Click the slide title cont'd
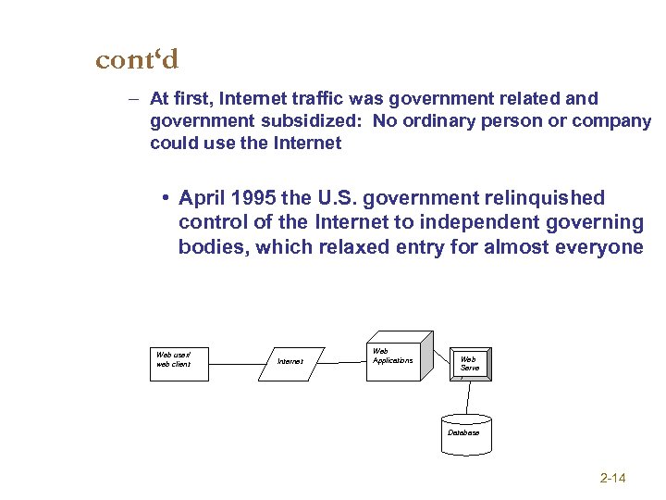pyautogui.click(x=137, y=60)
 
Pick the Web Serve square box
pyautogui.click(x=469, y=364)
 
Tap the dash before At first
pyautogui.click(x=134, y=98)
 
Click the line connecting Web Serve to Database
pyautogui.click(x=468, y=398)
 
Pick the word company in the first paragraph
pyautogui.click(x=610, y=120)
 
